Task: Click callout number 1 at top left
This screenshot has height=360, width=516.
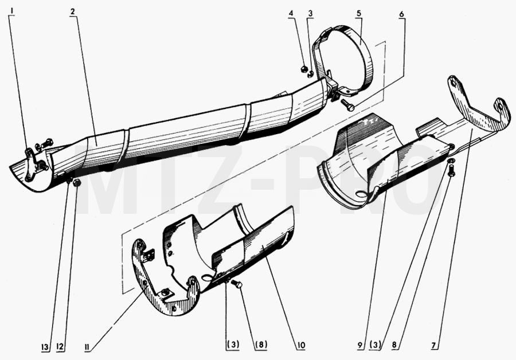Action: click(x=12, y=11)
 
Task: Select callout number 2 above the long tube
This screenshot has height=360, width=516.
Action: click(x=73, y=12)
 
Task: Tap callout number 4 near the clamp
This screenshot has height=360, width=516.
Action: click(x=291, y=14)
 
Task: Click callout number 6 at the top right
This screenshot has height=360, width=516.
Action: click(x=401, y=14)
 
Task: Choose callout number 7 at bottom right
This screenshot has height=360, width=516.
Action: click(x=434, y=346)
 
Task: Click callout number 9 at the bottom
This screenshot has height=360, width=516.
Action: click(x=361, y=346)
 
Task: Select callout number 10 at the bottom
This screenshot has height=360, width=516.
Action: click(x=300, y=346)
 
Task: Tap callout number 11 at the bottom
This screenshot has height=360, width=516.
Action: click(x=88, y=347)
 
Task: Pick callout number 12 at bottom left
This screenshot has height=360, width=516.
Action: click(x=60, y=347)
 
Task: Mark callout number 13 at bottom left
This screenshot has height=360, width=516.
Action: click(x=45, y=347)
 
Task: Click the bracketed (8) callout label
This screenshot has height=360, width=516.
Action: click(x=260, y=345)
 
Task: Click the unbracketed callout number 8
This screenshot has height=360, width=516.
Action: click(x=394, y=346)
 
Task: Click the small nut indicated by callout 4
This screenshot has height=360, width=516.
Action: click(x=304, y=69)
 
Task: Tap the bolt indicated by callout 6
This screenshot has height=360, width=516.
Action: click(x=347, y=105)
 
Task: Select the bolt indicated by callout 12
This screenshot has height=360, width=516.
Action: click(x=77, y=183)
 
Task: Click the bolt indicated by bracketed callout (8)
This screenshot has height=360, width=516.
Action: click(x=237, y=284)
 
